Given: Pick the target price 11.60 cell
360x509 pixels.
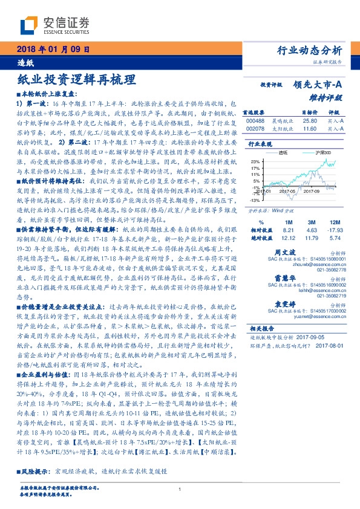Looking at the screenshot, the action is (309, 129).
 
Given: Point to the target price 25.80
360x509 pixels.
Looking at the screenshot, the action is (309, 121).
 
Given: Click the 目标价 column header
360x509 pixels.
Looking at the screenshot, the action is (309, 112).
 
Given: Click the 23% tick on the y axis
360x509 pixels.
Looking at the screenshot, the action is (256, 161).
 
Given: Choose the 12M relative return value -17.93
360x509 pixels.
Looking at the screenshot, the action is (335, 230).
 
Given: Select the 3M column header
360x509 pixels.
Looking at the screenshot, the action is (312, 222).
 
